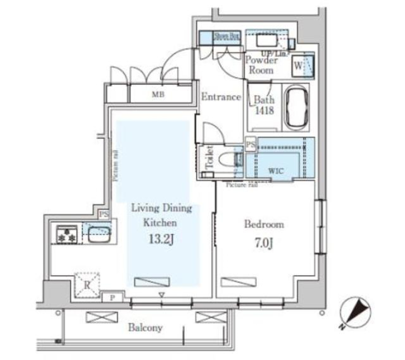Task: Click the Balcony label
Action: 146,328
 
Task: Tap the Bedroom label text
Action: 264,224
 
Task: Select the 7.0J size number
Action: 264,243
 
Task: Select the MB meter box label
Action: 158,95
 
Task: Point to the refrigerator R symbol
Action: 87,284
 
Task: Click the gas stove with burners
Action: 67,235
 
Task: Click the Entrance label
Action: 221,97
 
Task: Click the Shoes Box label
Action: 227,37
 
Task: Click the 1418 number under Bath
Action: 264,111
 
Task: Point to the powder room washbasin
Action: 267,41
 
